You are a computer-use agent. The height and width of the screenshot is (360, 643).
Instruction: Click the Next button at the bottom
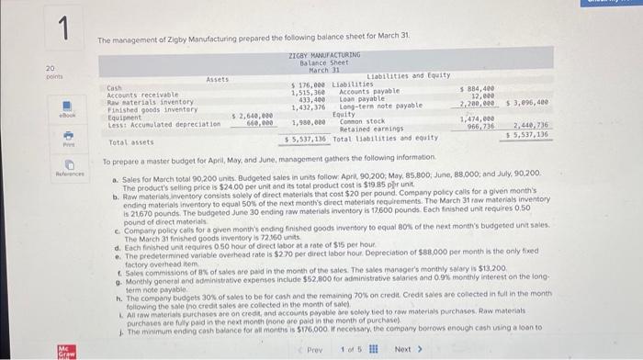pos(407,350)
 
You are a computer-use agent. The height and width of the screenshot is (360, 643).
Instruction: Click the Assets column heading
pos(218,79)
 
